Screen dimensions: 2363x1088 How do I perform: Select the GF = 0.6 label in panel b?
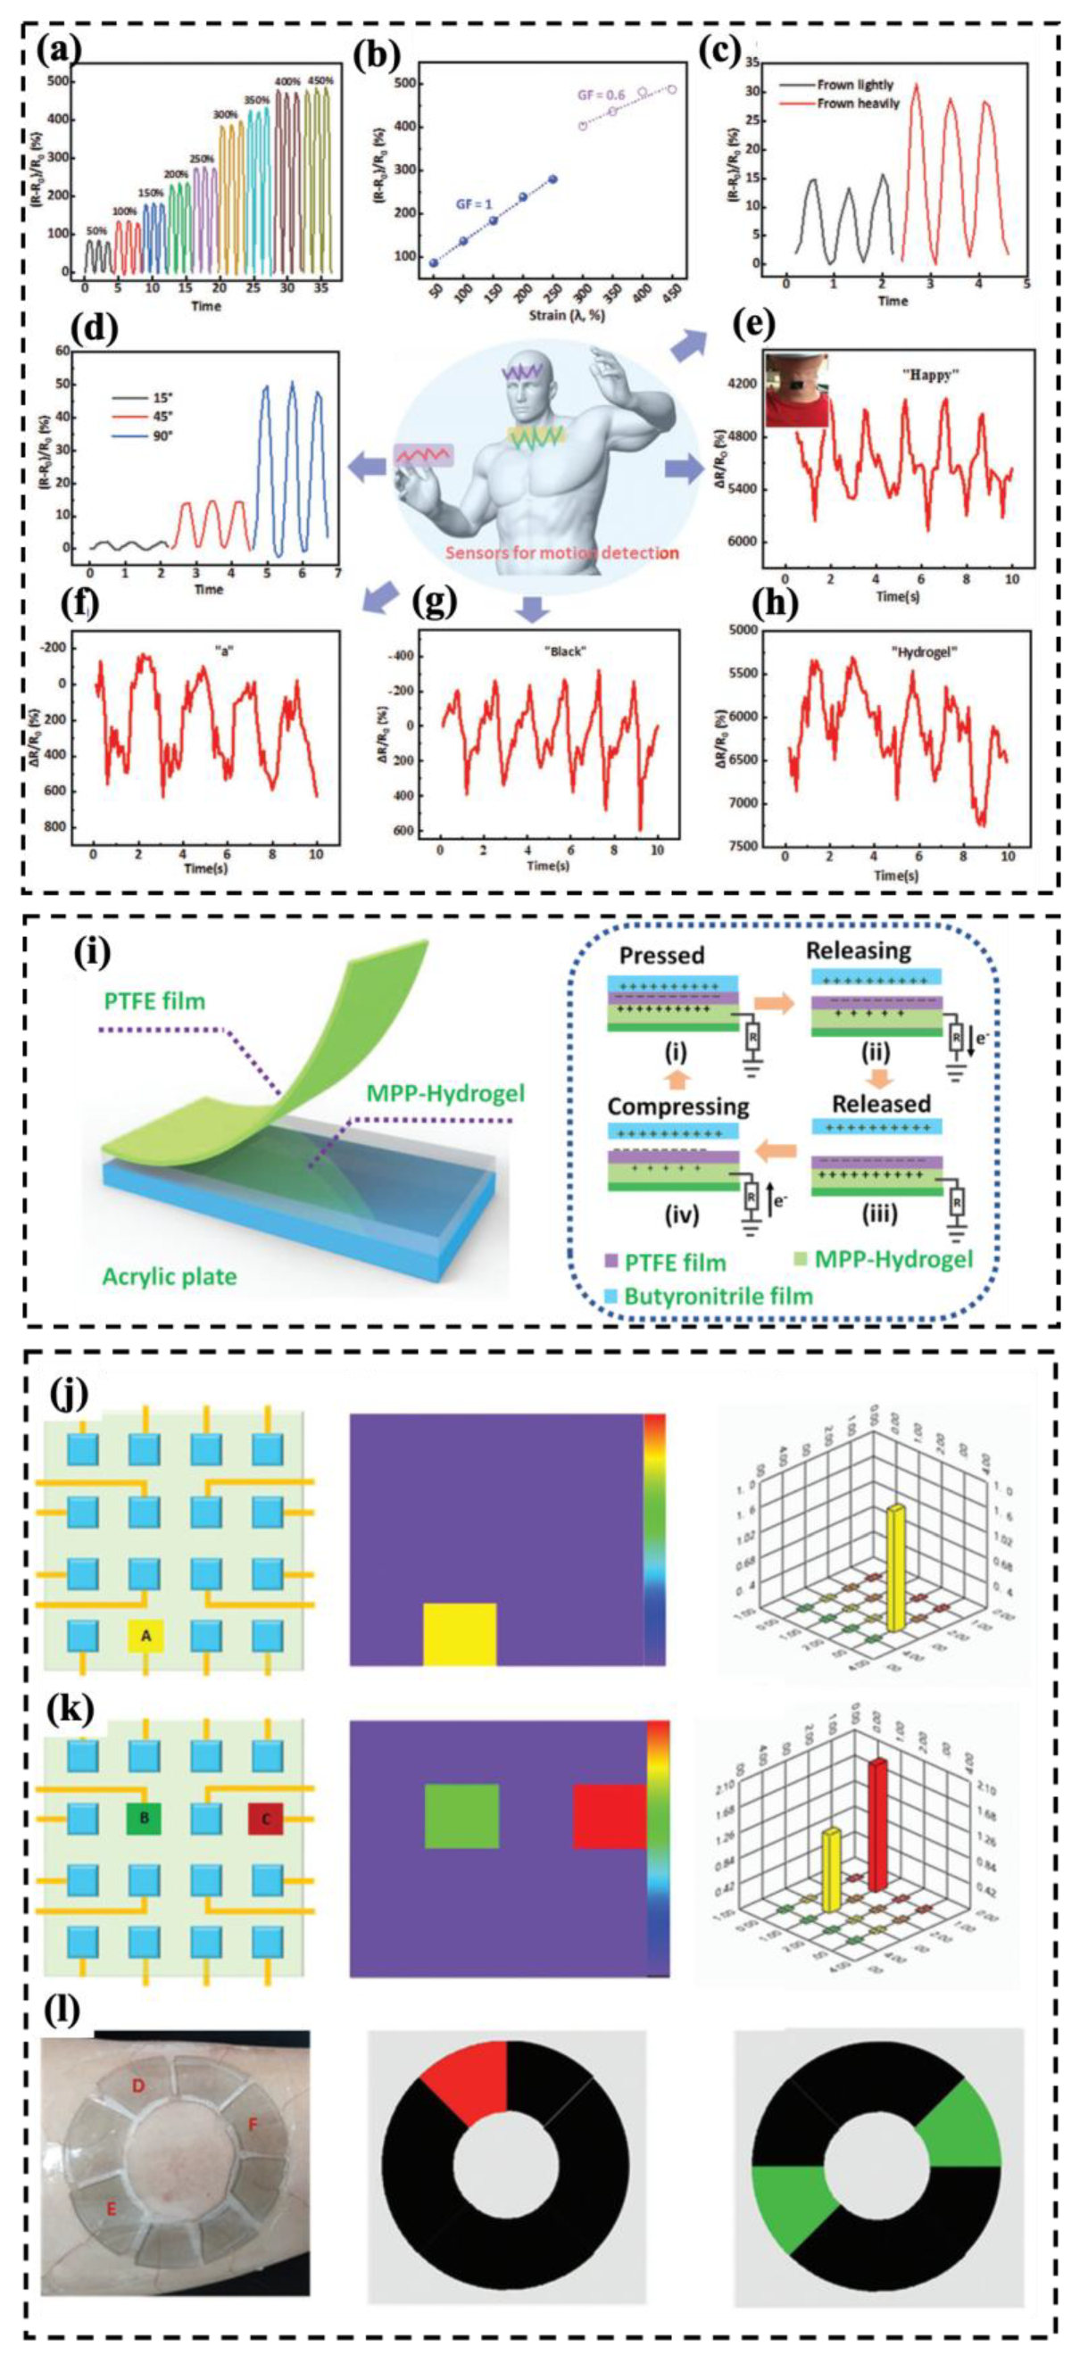coord(600,95)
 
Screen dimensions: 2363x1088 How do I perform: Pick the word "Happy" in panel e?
coord(925,376)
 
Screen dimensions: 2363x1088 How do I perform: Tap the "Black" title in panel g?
coord(565,651)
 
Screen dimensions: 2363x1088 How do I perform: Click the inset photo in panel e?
coord(797,390)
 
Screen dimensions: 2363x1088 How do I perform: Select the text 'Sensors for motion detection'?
coord(561,552)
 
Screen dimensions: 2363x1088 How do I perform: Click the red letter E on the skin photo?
coord(112,2209)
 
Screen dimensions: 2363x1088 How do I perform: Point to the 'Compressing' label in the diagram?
coord(678,1107)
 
